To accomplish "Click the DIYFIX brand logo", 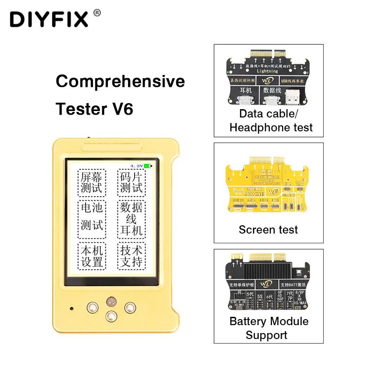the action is [x=49, y=19].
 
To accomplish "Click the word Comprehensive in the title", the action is [x=120, y=81].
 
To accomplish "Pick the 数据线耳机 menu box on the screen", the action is [x=131, y=218].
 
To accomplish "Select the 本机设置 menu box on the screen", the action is [x=91, y=256].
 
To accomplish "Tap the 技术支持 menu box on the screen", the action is [x=131, y=256].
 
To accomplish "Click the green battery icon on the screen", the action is [x=148, y=166].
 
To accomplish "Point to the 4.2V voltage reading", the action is [x=137, y=166].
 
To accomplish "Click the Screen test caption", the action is [x=268, y=229].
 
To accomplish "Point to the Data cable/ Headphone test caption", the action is [x=269, y=120].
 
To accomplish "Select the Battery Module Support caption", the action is [x=269, y=328].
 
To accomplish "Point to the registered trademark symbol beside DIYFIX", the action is [x=97, y=12].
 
